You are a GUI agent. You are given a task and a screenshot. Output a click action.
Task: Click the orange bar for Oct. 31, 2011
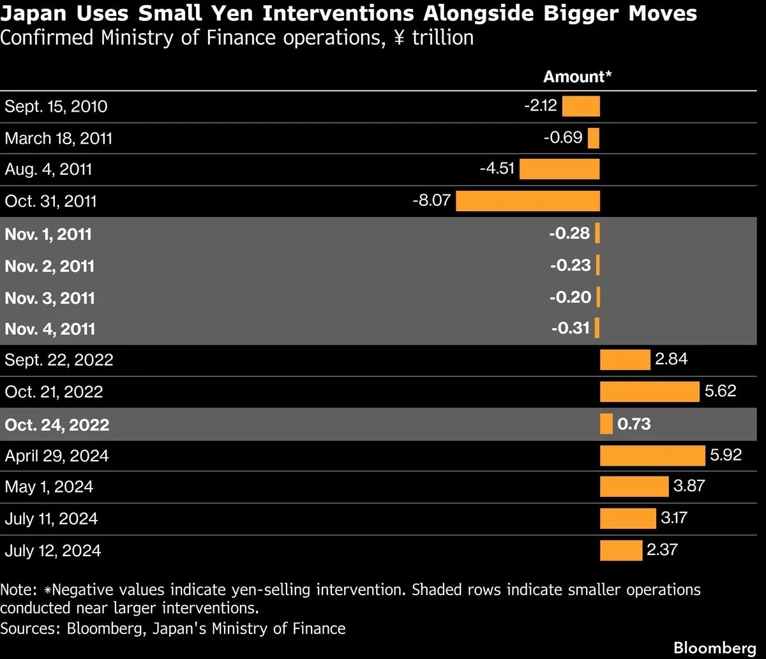(528, 201)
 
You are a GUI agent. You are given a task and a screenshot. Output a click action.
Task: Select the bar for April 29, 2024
(652, 455)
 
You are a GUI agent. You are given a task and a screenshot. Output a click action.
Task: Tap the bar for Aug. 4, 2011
(560, 169)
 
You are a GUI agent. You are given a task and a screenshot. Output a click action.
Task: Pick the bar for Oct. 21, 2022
(650, 392)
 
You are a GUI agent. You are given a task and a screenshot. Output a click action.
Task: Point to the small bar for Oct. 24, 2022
(606, 424)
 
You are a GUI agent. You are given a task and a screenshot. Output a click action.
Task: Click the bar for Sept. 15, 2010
(581, 107)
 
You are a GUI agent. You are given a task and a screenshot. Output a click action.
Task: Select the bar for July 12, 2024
(621, 551)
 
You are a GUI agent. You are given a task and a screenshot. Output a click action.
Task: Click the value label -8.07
(432, 201)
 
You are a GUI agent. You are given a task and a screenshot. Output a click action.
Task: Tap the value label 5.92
(726, 455)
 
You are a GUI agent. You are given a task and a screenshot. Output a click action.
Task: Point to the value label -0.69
(563, 138)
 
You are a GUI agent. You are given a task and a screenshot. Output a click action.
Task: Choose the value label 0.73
(634, 424)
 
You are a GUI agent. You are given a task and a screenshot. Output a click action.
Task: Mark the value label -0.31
(571, 328)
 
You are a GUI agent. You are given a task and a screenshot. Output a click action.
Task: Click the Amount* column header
(577, 77)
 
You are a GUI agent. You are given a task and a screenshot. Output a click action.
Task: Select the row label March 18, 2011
(58, 138)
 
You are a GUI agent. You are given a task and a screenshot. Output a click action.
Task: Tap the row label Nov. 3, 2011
(50, 298)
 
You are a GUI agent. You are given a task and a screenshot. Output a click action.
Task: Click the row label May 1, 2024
(49, 487)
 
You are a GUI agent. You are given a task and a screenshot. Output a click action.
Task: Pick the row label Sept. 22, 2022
(59, 360)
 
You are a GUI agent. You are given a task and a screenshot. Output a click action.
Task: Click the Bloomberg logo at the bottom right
(715, 648)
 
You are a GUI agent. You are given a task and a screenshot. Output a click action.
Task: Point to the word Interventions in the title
(338, 13)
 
